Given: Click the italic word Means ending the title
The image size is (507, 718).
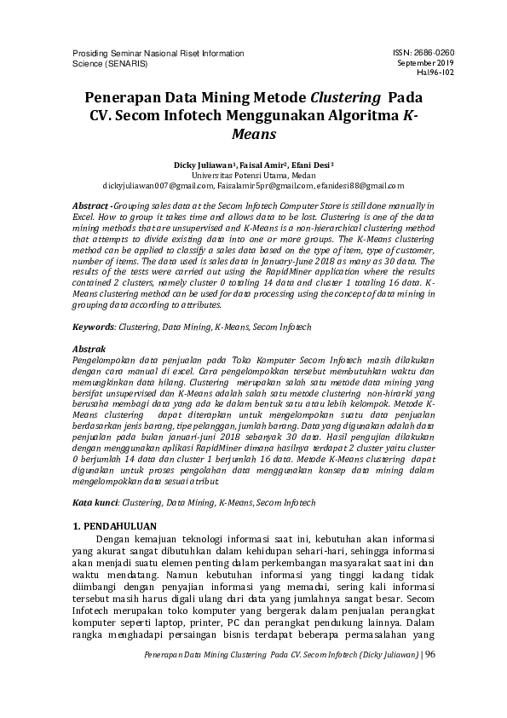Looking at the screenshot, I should tap(253, 134).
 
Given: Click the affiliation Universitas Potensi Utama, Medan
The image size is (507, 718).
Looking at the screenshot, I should tap(253, 173).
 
